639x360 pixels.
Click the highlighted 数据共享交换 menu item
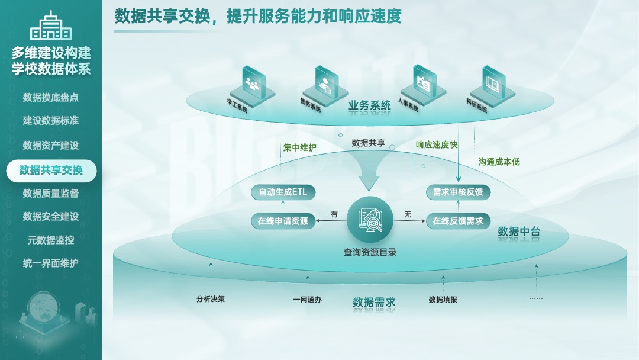[51, 171]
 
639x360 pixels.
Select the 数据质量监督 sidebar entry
[51, 193]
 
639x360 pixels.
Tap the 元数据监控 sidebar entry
[51, 240]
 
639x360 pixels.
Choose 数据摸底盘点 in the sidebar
[51, 98]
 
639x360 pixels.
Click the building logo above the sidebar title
[51, 25]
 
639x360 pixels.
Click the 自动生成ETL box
[283, 192]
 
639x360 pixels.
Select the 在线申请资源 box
[283, 221]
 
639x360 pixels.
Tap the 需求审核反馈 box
[458, 192]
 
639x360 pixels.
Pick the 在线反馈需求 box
[458, 221]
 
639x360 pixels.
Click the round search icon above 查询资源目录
[370, 220]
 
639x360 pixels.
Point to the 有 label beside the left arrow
[334, 214]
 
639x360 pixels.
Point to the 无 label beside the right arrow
[408, 214]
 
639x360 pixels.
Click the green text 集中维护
[299, 147]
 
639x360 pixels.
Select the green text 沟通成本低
[499, 162]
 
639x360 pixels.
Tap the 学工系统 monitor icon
[253, 86]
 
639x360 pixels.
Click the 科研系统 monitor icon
[493, 86]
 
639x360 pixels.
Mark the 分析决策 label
[211, 299]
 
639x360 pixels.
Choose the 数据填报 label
[443, 300]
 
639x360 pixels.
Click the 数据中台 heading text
[519, 232]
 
